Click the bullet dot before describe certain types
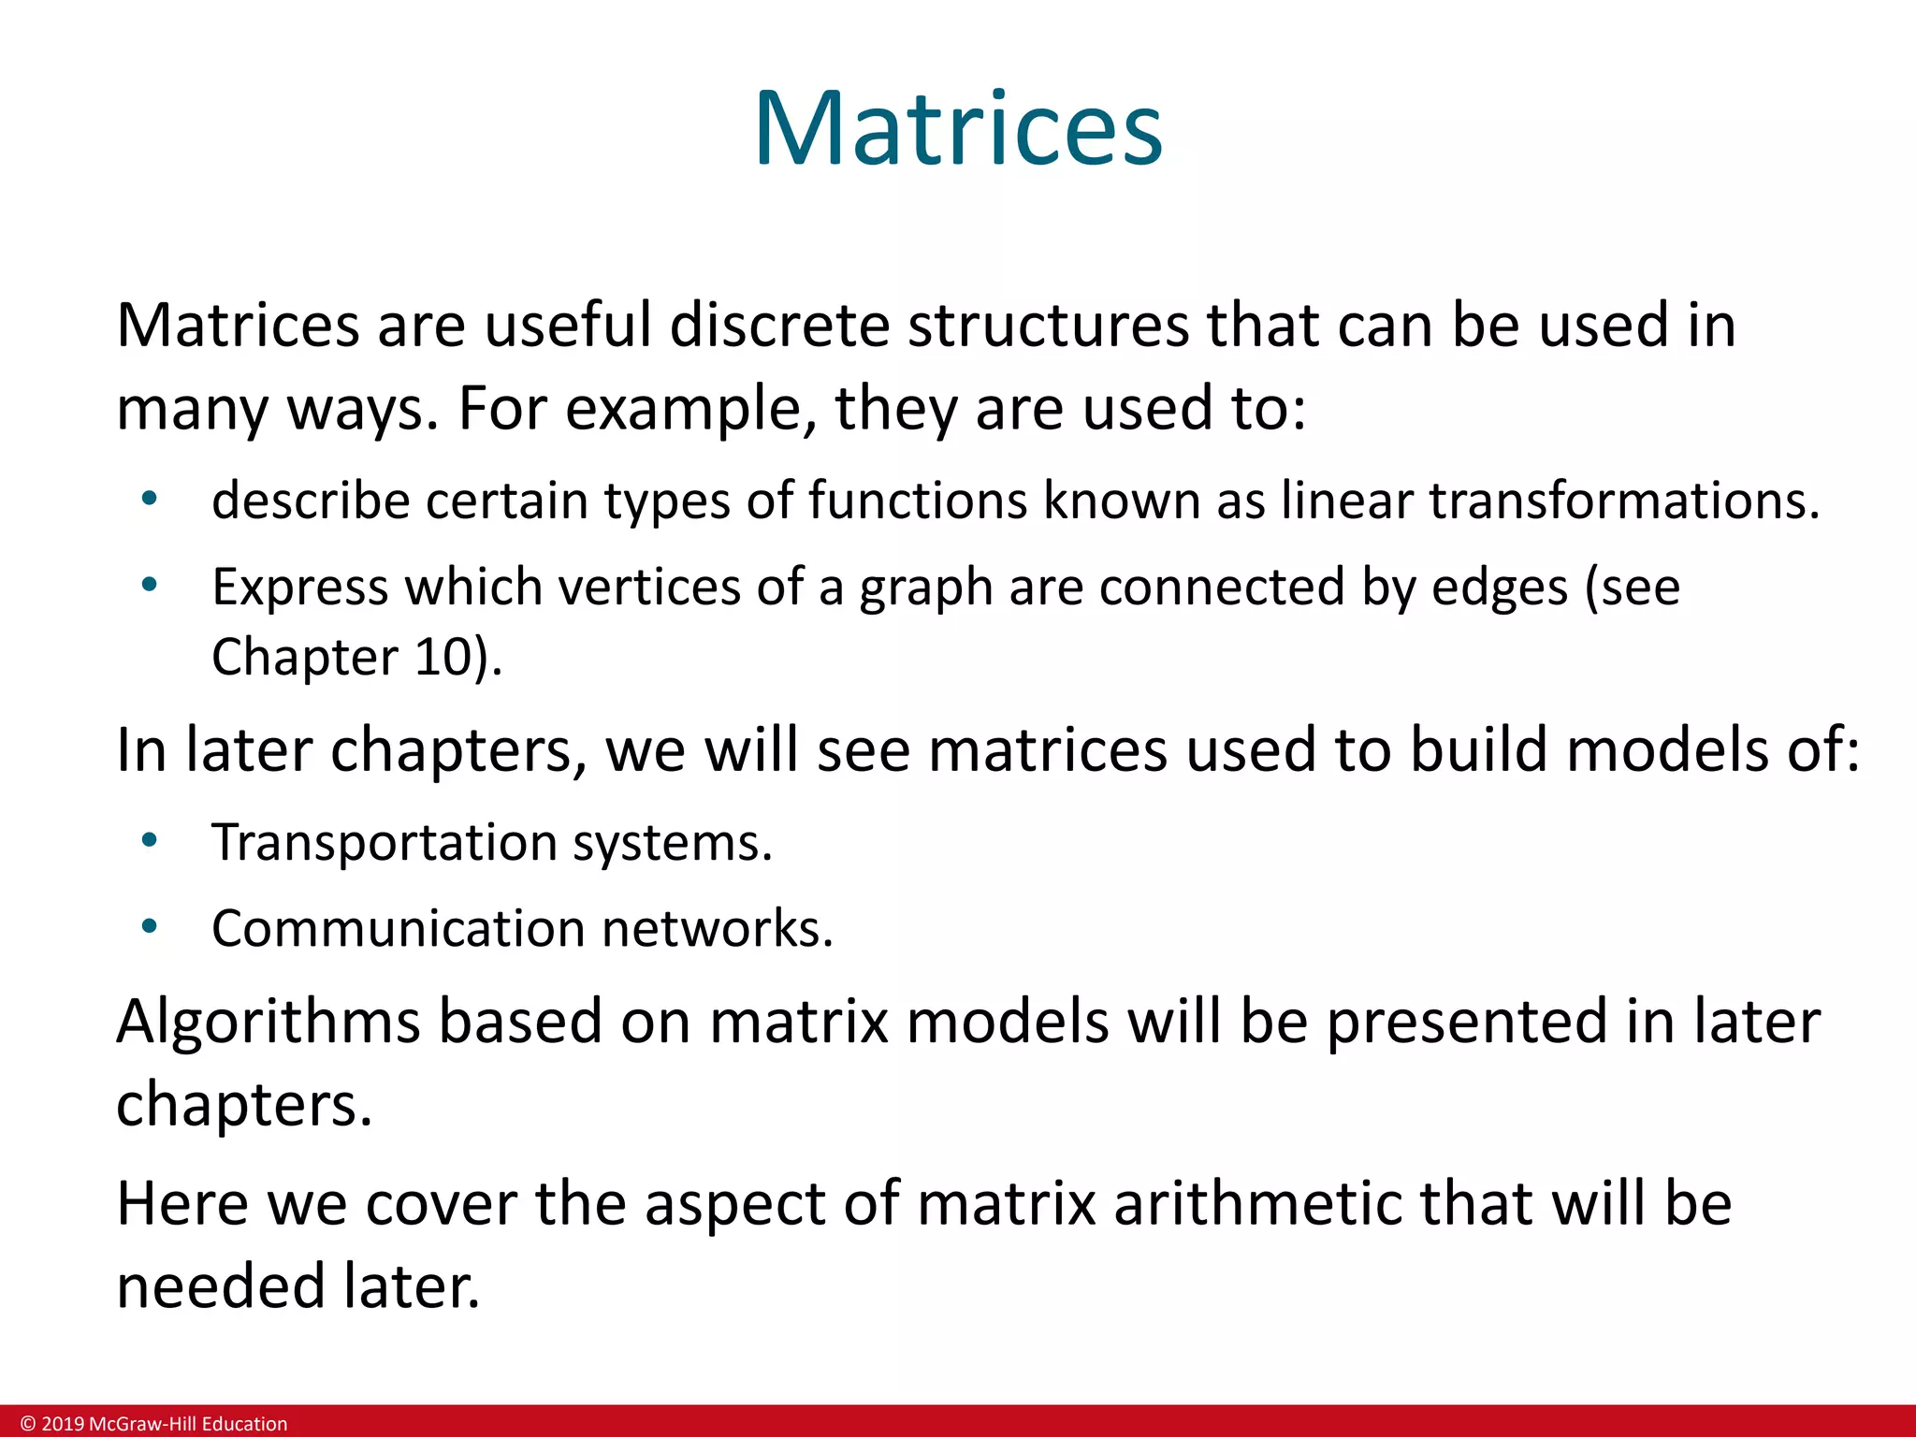(149, 499)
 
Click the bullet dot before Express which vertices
(149, 586)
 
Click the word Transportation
(385, 842)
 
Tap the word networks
(717, 928)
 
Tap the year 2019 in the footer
(62, 1424)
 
